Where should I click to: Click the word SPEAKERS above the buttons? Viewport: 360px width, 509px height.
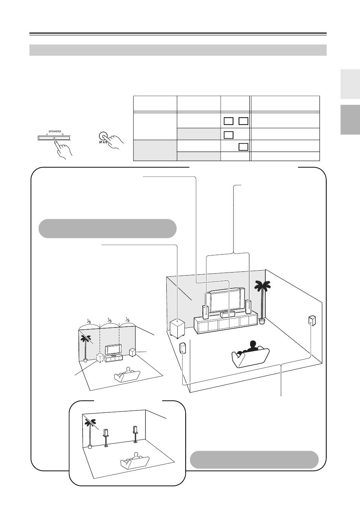(55, 132)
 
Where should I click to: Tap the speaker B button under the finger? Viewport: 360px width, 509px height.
(64, 137)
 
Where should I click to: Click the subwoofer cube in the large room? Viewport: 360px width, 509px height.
(177, 328)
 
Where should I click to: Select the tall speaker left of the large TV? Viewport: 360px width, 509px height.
(205, 311)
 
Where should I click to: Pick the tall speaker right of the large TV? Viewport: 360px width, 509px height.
(248, 307)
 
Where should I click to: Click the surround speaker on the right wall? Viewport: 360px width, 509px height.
(312, 321)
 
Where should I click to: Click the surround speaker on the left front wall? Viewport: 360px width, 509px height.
(183, 348)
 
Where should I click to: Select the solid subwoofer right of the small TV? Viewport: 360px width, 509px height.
(133, 352)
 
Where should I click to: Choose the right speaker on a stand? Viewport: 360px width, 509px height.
(135, 433)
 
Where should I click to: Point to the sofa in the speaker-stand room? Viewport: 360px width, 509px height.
(135, 461)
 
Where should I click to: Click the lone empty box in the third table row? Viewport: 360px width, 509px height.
(243, 147)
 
